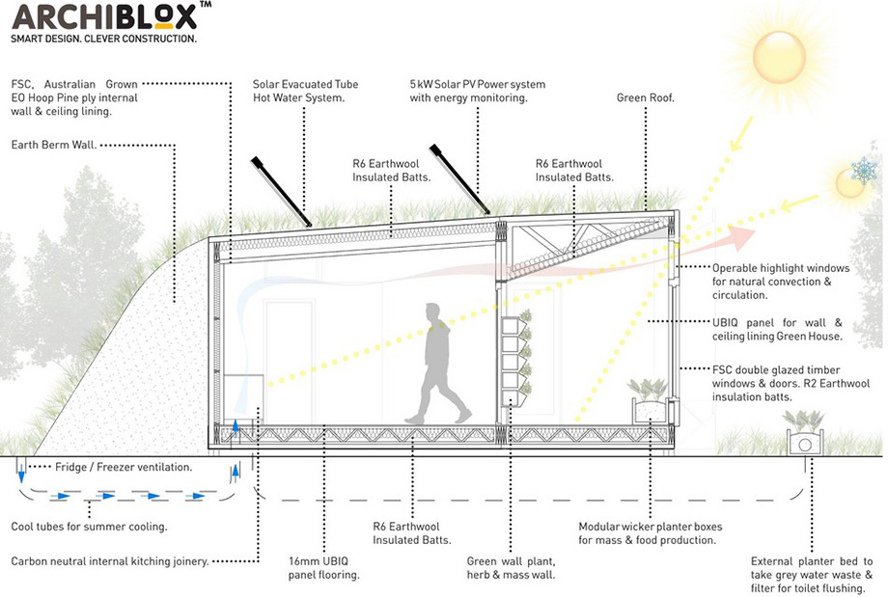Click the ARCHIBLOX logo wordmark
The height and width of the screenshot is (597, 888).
[105, 17]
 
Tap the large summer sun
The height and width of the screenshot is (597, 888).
[779, 57]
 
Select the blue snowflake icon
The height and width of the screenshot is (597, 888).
[864, 171]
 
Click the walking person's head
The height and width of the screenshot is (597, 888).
[432, 312]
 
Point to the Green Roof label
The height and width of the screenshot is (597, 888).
[646, 98]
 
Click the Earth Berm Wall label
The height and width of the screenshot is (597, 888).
[54, 145]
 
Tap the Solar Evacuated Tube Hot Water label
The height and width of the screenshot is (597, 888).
[305, 91]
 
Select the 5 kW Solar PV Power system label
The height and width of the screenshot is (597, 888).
[478, 91]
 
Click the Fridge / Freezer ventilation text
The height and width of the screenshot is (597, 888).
[124, 468]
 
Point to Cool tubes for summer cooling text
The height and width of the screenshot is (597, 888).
[90, 527]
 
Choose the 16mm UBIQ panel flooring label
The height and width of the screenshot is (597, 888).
[324, 568]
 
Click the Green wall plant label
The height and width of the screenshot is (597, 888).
[511, 568]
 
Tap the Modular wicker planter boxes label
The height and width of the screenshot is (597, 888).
[651, 533]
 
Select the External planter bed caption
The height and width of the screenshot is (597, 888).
[812, 575]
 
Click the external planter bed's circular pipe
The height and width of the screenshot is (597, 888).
[805, 445]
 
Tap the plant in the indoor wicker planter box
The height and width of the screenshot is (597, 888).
[649, 390]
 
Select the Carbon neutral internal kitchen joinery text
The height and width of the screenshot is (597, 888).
[110, 562]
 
